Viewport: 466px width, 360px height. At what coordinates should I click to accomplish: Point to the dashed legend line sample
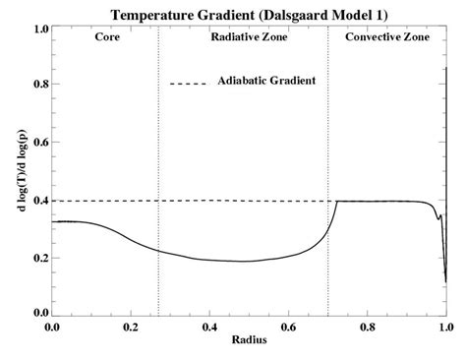click(188, 83)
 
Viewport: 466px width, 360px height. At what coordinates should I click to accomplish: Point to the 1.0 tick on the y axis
click(40, 30)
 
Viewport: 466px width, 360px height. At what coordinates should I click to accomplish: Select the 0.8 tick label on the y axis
click(40, 87)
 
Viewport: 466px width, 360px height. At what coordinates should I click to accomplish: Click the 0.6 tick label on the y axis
click(40, 144)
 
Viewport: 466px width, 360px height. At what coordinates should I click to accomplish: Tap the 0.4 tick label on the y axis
click(40, 201)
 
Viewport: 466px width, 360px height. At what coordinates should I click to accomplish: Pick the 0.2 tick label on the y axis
click(40, 258)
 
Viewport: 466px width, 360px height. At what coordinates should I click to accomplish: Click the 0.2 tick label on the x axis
click(131, 327)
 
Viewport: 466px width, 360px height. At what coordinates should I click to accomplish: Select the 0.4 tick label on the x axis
click(209, 327)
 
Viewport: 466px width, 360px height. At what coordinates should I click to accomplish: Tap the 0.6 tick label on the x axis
click(288, 327)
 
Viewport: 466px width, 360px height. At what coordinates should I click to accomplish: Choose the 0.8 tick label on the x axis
click(367, 327)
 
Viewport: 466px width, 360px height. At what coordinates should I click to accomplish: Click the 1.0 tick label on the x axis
click(444, 327)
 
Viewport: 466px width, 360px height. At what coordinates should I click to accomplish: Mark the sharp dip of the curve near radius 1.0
click(445, 280)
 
